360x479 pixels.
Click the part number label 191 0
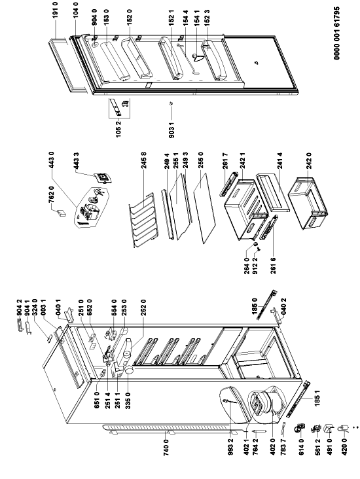pos(56,10)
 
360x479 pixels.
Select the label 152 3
pos(207,18)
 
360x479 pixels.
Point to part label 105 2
pos(118,129)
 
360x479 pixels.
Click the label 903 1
pos(171,129)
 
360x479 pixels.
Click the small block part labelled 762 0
pos(62,213)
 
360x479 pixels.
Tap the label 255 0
pos(200,161)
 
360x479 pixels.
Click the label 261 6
pos(273,266)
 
